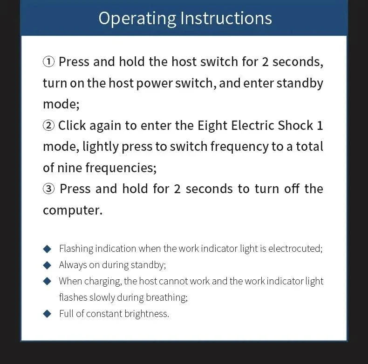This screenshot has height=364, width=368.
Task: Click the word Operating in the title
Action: [x=137, y=19]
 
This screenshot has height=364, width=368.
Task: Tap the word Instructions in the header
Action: [x=226, y=18]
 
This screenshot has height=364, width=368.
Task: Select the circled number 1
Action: [x=48, y=62]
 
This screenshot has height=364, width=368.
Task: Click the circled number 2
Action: [x=48, y=126]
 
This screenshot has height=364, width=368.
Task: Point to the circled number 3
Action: [x=48, y=189]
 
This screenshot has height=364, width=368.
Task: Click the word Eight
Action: [x=212, y=126]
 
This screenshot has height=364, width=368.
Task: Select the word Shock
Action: [x=295, y=125]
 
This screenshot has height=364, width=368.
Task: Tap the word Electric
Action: [x=252, y=125]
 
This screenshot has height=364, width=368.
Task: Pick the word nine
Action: [x=69, y=168]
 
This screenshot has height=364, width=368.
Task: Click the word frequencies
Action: [x=121, y=168]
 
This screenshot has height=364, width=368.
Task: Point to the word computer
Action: [x=73, y=210]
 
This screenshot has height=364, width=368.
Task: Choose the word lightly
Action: [x=101, y=147]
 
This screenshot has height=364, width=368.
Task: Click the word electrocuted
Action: [x=295, y=249]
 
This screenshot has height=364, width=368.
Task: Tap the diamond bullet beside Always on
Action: [x=47, y=265]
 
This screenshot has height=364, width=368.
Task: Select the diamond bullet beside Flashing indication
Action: [x=47, y=249]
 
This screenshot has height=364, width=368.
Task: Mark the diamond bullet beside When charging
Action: [x=47, y=281]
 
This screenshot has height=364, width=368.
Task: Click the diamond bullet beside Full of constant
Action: [x=47, y=314]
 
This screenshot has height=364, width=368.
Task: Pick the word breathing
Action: [x=167, y=298]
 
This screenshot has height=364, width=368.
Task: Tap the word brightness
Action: [x=146, y=314]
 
